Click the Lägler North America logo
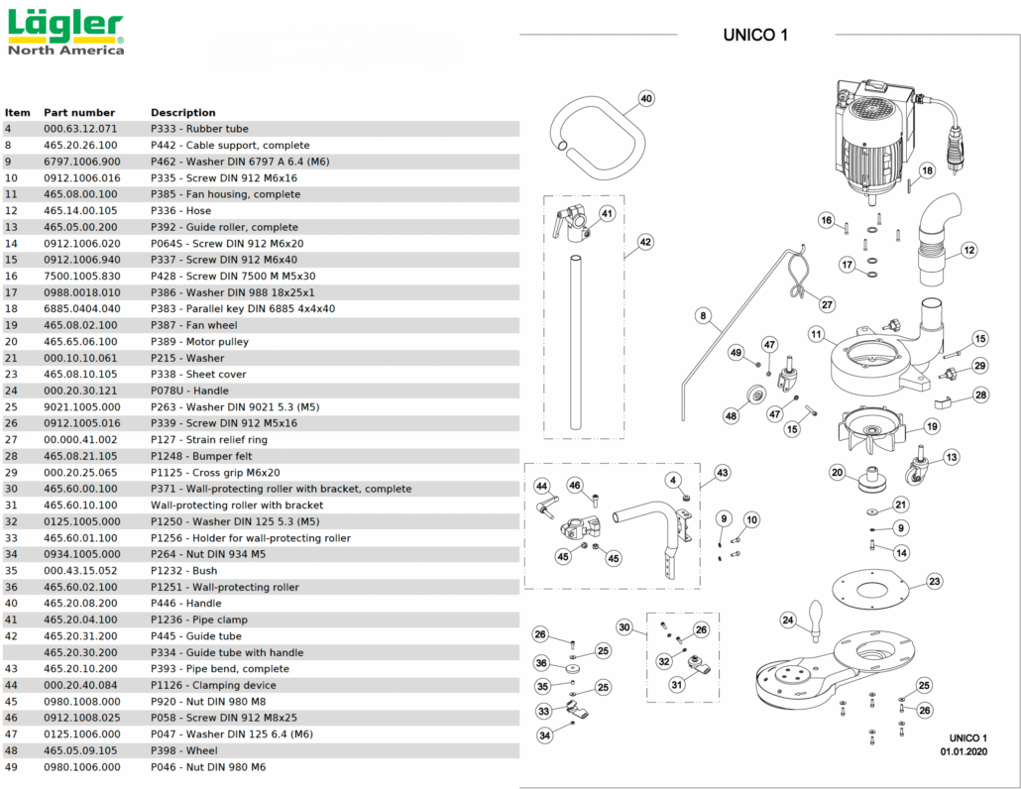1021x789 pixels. click(x=65, y=32)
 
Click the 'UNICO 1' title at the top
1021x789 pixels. click(x=756, y=36)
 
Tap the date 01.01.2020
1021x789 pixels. click(x=964, y=752)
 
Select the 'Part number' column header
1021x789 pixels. click(x=79, y=112)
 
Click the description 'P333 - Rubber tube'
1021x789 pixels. click(x=199, y=129)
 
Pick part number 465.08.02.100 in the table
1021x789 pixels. click(x=80, y=325)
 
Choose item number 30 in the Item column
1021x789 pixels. click(x=12, y=489)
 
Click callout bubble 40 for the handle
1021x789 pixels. click(x=645, y=99)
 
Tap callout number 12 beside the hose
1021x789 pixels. click(x=968, y=250)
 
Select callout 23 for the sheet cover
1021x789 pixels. click(x=934, y=582)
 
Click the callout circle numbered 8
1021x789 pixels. click(x=703, y=317)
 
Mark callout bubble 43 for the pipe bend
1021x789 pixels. click(x=722, y=473)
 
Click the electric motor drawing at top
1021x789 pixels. click(x=872, y=139)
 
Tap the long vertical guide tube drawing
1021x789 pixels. click(x=575, y=342)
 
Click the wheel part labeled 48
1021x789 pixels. click(x=753, y=397)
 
